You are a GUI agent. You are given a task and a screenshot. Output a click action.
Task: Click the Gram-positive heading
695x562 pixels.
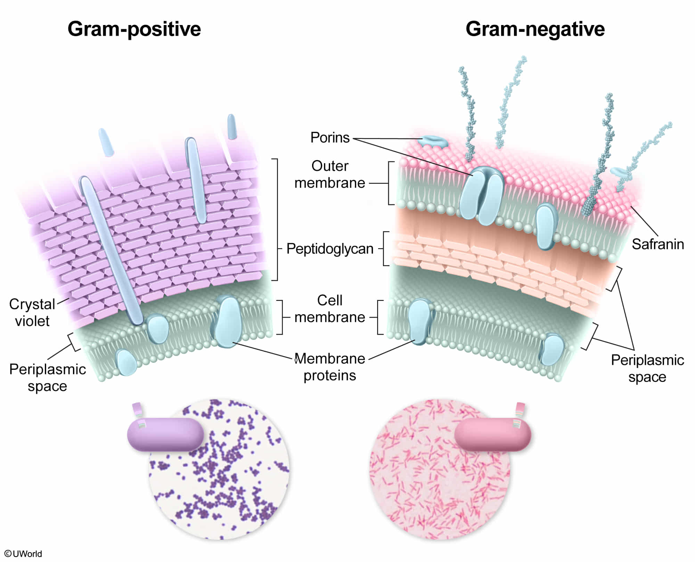(134, 29)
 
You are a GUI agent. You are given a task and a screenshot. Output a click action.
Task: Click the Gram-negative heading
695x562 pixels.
(535, 29)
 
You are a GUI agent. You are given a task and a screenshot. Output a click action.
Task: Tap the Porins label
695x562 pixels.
(330, 138)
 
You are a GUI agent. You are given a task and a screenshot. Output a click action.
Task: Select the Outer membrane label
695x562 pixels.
(330, 174)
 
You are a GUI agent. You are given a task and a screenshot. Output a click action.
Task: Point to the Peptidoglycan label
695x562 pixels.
(330, 249)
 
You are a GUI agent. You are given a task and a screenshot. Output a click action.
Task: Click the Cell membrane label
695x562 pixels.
(330, 309)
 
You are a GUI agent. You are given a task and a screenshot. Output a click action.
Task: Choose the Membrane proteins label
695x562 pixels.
(330, 367)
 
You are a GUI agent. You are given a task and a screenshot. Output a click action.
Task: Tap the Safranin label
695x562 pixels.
(657, 244)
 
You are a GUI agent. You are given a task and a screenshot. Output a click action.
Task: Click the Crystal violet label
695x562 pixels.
(32, 312)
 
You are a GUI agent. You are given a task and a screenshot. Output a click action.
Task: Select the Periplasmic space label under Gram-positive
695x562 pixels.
(47, 378)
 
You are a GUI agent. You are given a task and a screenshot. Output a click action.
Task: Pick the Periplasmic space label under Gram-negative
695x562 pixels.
(647, 368)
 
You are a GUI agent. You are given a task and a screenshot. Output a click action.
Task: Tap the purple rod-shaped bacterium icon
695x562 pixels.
(165, 434)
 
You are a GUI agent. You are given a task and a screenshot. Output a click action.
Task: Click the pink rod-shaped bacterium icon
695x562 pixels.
(492, 434)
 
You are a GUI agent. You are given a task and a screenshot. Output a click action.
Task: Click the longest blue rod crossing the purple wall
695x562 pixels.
(111, 250)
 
